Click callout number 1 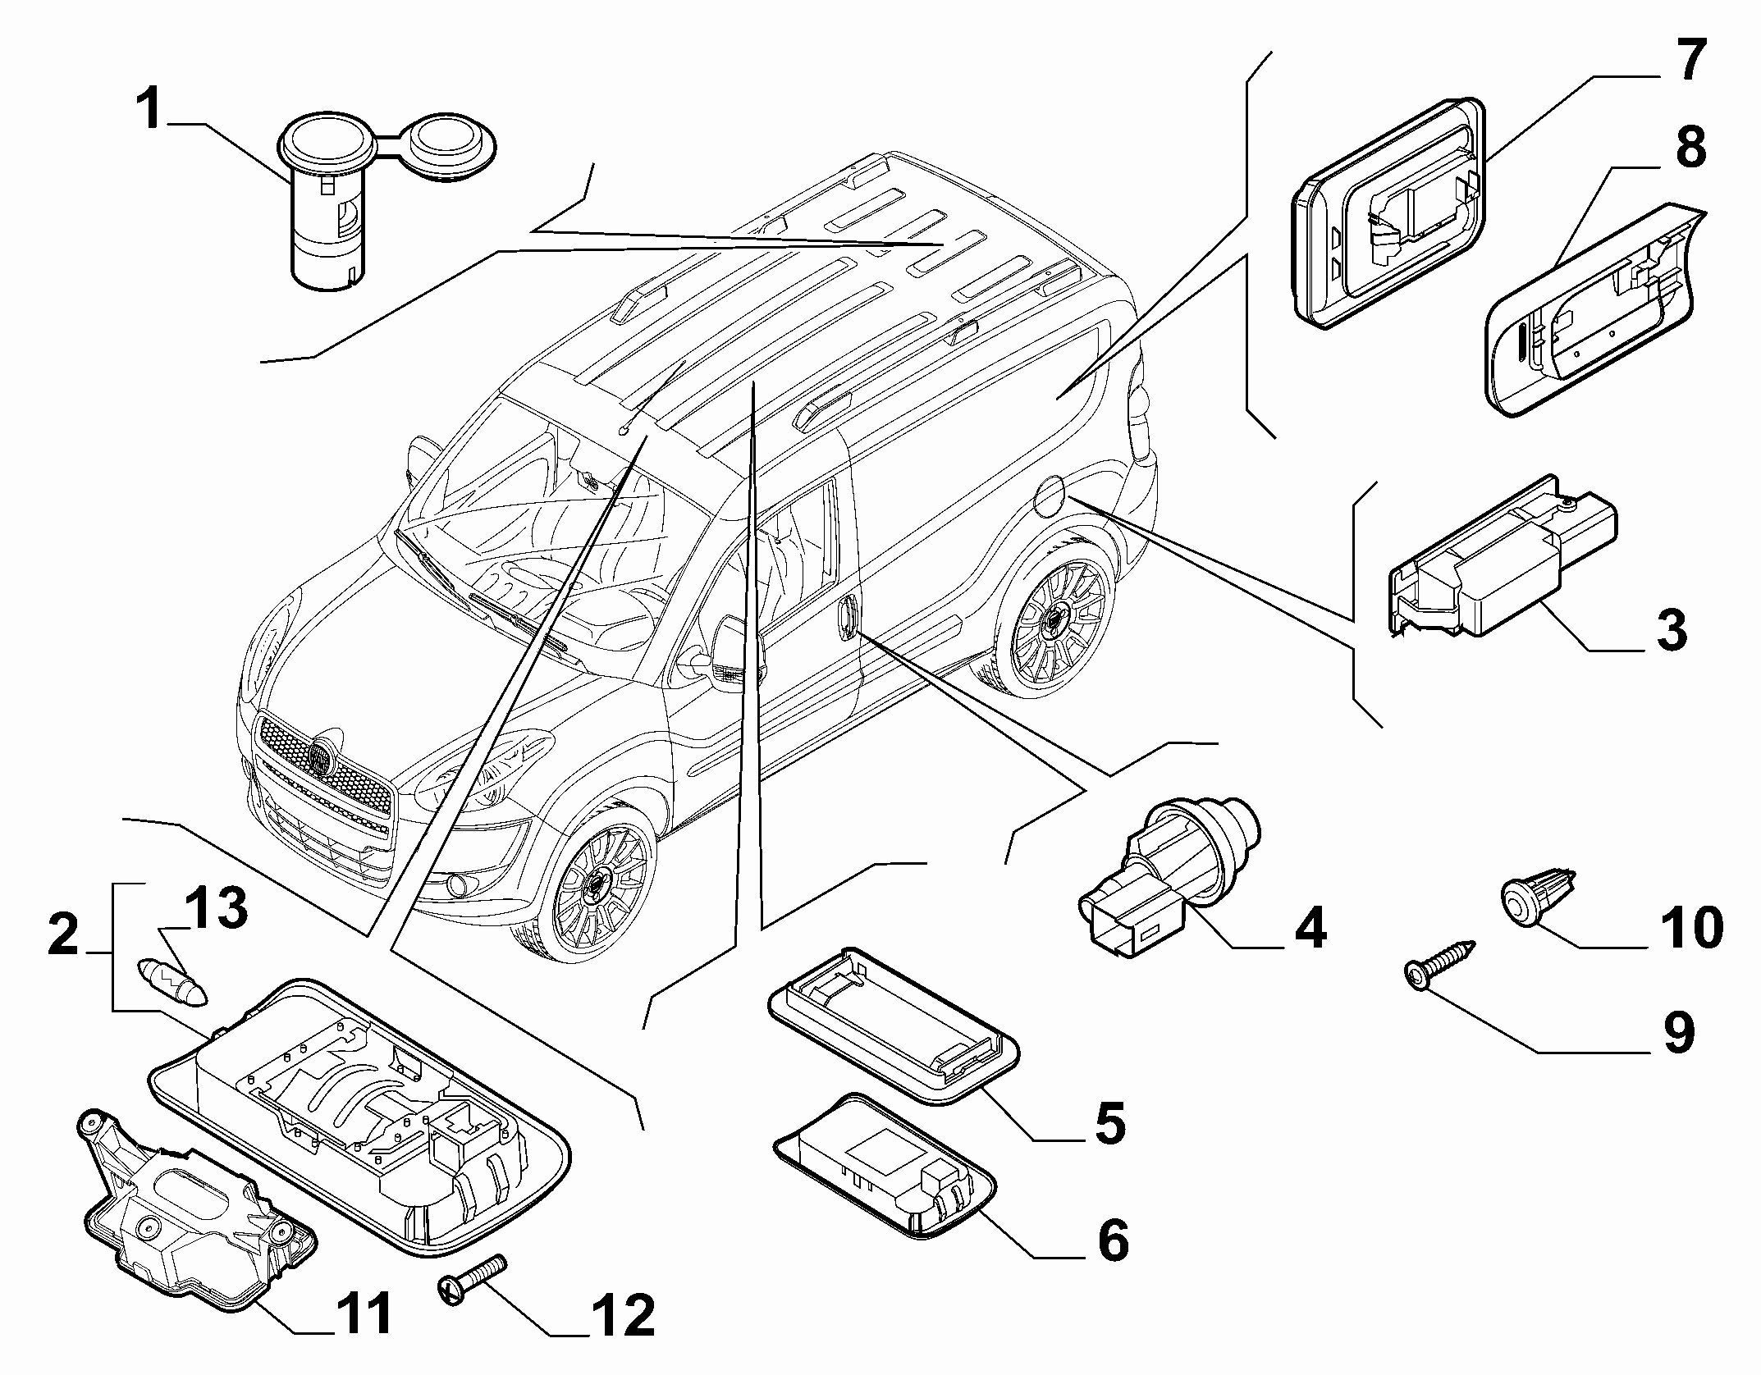149,112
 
